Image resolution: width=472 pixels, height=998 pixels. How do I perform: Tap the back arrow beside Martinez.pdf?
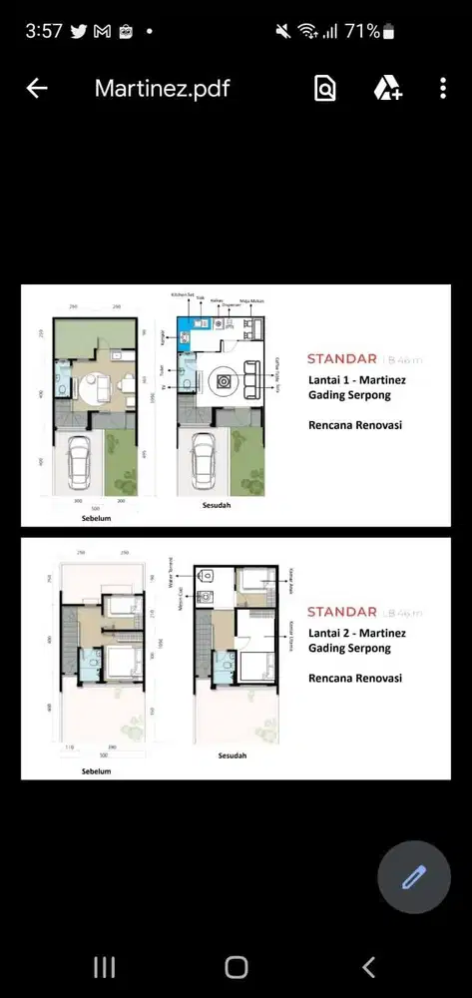[37, 89]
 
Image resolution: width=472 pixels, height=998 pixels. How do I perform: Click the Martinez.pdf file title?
[162, 89]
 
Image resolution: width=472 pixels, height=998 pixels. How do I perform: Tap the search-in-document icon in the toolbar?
[325, 89]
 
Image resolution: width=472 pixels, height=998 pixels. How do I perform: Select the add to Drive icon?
[387, 89]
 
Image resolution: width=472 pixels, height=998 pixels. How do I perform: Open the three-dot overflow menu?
[443, 89]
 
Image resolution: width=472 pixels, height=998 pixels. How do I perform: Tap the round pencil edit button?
[414, 878]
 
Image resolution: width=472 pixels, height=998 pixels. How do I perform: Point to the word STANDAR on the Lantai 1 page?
[341, 358]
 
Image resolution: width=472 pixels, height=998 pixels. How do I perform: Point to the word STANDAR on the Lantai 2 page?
[341, 612]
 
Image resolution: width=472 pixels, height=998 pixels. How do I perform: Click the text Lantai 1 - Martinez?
[356, 379]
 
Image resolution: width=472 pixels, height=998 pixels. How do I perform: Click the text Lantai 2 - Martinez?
[356, 632]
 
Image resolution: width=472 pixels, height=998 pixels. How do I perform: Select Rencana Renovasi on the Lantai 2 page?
[355, 678]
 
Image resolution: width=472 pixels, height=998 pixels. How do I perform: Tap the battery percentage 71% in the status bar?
[361, 31]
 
